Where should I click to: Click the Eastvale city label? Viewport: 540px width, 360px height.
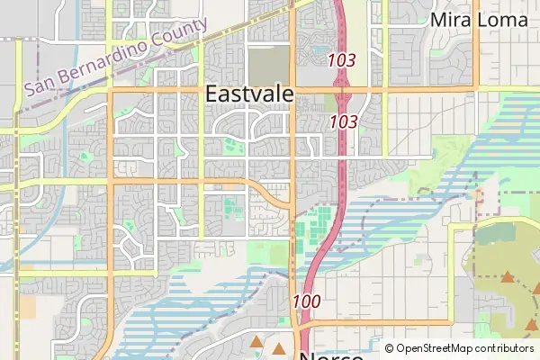[x=248, y=94]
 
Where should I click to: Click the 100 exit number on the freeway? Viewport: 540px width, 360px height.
[x=306, y=301]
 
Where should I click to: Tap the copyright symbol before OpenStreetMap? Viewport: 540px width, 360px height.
[x=390, y=348]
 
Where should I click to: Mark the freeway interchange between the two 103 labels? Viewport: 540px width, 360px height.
[x=342, y=89]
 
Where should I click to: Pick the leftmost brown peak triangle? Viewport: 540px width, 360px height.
[x=256, y=342]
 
